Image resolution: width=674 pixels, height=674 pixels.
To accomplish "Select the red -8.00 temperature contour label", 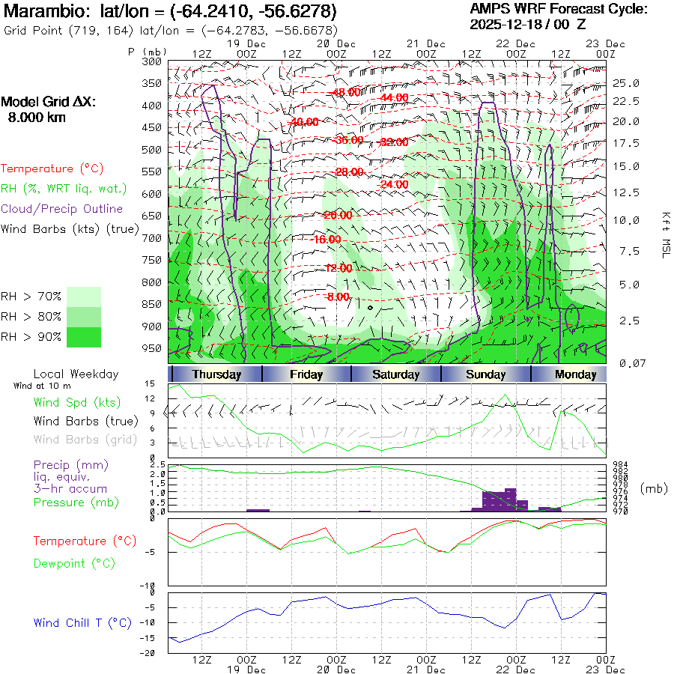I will [x=338, y=297].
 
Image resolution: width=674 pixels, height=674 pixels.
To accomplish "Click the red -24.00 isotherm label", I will [x=394, y=184].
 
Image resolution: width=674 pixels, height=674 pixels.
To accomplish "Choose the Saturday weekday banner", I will [x=395, y=374].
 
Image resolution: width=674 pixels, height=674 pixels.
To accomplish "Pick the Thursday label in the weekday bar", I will [x=216, y=374].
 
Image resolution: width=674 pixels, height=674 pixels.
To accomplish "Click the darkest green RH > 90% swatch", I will [x=83, y=337].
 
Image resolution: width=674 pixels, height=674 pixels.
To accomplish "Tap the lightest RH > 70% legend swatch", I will [x=83, y=297].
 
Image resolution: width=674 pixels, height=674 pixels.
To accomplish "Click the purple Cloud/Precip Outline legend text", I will [x=62, y=209].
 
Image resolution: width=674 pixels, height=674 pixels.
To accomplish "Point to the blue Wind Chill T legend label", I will [x=82, y=622].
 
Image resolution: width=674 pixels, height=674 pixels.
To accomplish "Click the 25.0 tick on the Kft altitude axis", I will [x=626, y=83].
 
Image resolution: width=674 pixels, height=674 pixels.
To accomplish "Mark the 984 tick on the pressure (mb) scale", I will [x=619, y=465].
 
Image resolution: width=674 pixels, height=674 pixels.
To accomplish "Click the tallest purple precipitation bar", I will [x=511, y=500].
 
